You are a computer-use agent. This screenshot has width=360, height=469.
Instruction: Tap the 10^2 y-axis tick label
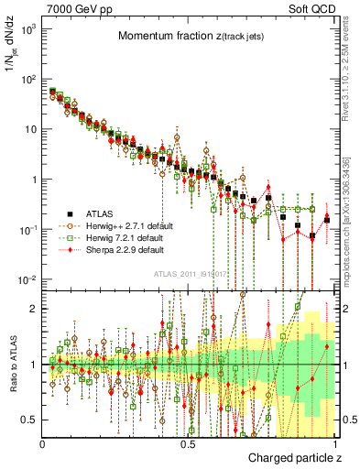click(x=30, y=80)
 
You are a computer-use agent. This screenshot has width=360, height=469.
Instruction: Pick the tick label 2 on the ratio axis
click(x=36, y=309)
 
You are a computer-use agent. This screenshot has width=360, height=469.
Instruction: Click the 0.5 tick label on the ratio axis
click(x=32, y=420)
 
